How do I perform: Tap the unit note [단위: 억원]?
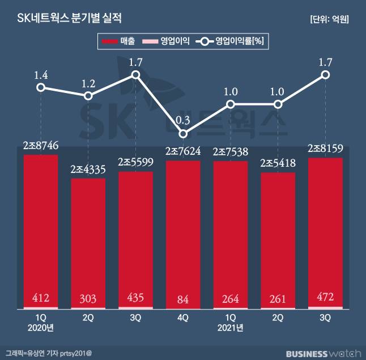pyautogui.click(x=329, y=19)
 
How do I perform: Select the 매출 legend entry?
pyautogui.click(x=117, y=41)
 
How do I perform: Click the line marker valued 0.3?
pyautogui.click(x=183, y=134)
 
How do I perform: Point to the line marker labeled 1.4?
pyautogui.click(x=41, y=87)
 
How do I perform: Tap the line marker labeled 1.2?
pyautogui.click(x=88, y=96)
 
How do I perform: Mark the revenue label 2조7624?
pyautogui.click(x=183, y=152)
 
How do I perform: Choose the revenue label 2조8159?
pyautogui.click(x=325, y=150)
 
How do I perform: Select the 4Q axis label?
pyautogui.click(x=183, y=318)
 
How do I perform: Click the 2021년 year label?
pyautogui.click(x=231, y=328)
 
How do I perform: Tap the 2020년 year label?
pyautogui.click(x=41, y=328)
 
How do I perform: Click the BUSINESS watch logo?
pyautogui.click(x=323, y=353)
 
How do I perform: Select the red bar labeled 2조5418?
pyautogui.click(x=278, y=238)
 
